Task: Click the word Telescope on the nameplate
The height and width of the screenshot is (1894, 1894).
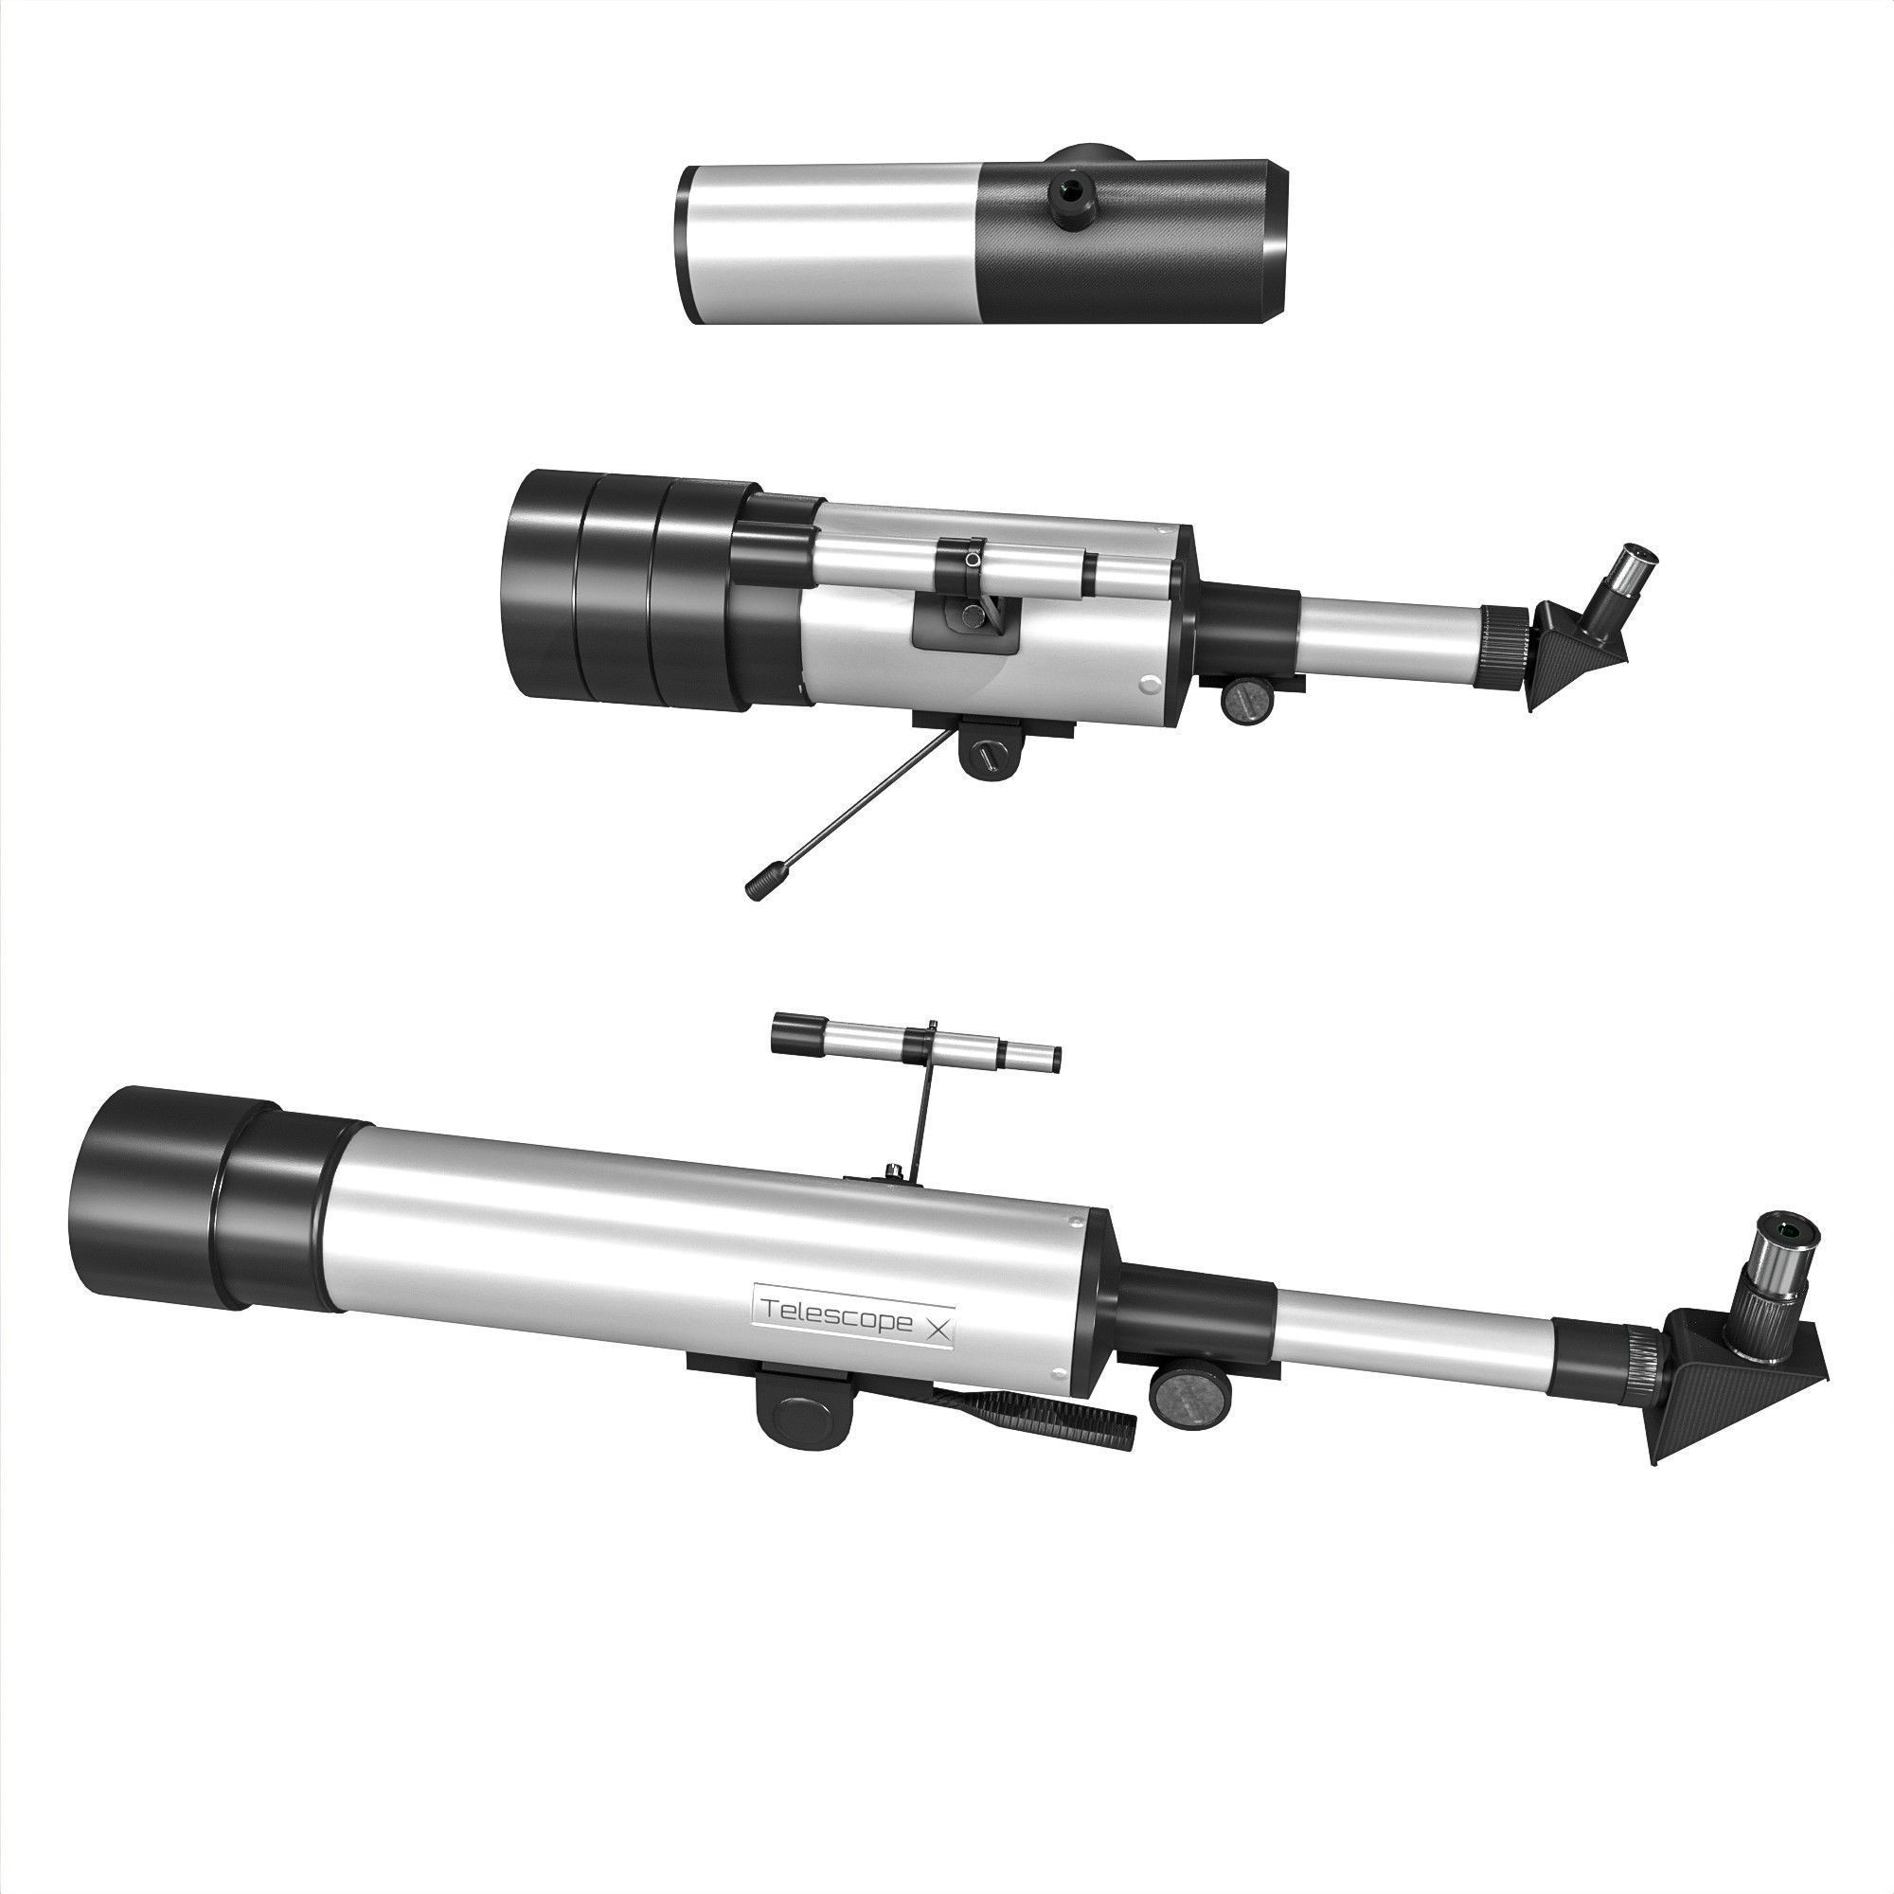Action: [x=836, y=1315]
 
